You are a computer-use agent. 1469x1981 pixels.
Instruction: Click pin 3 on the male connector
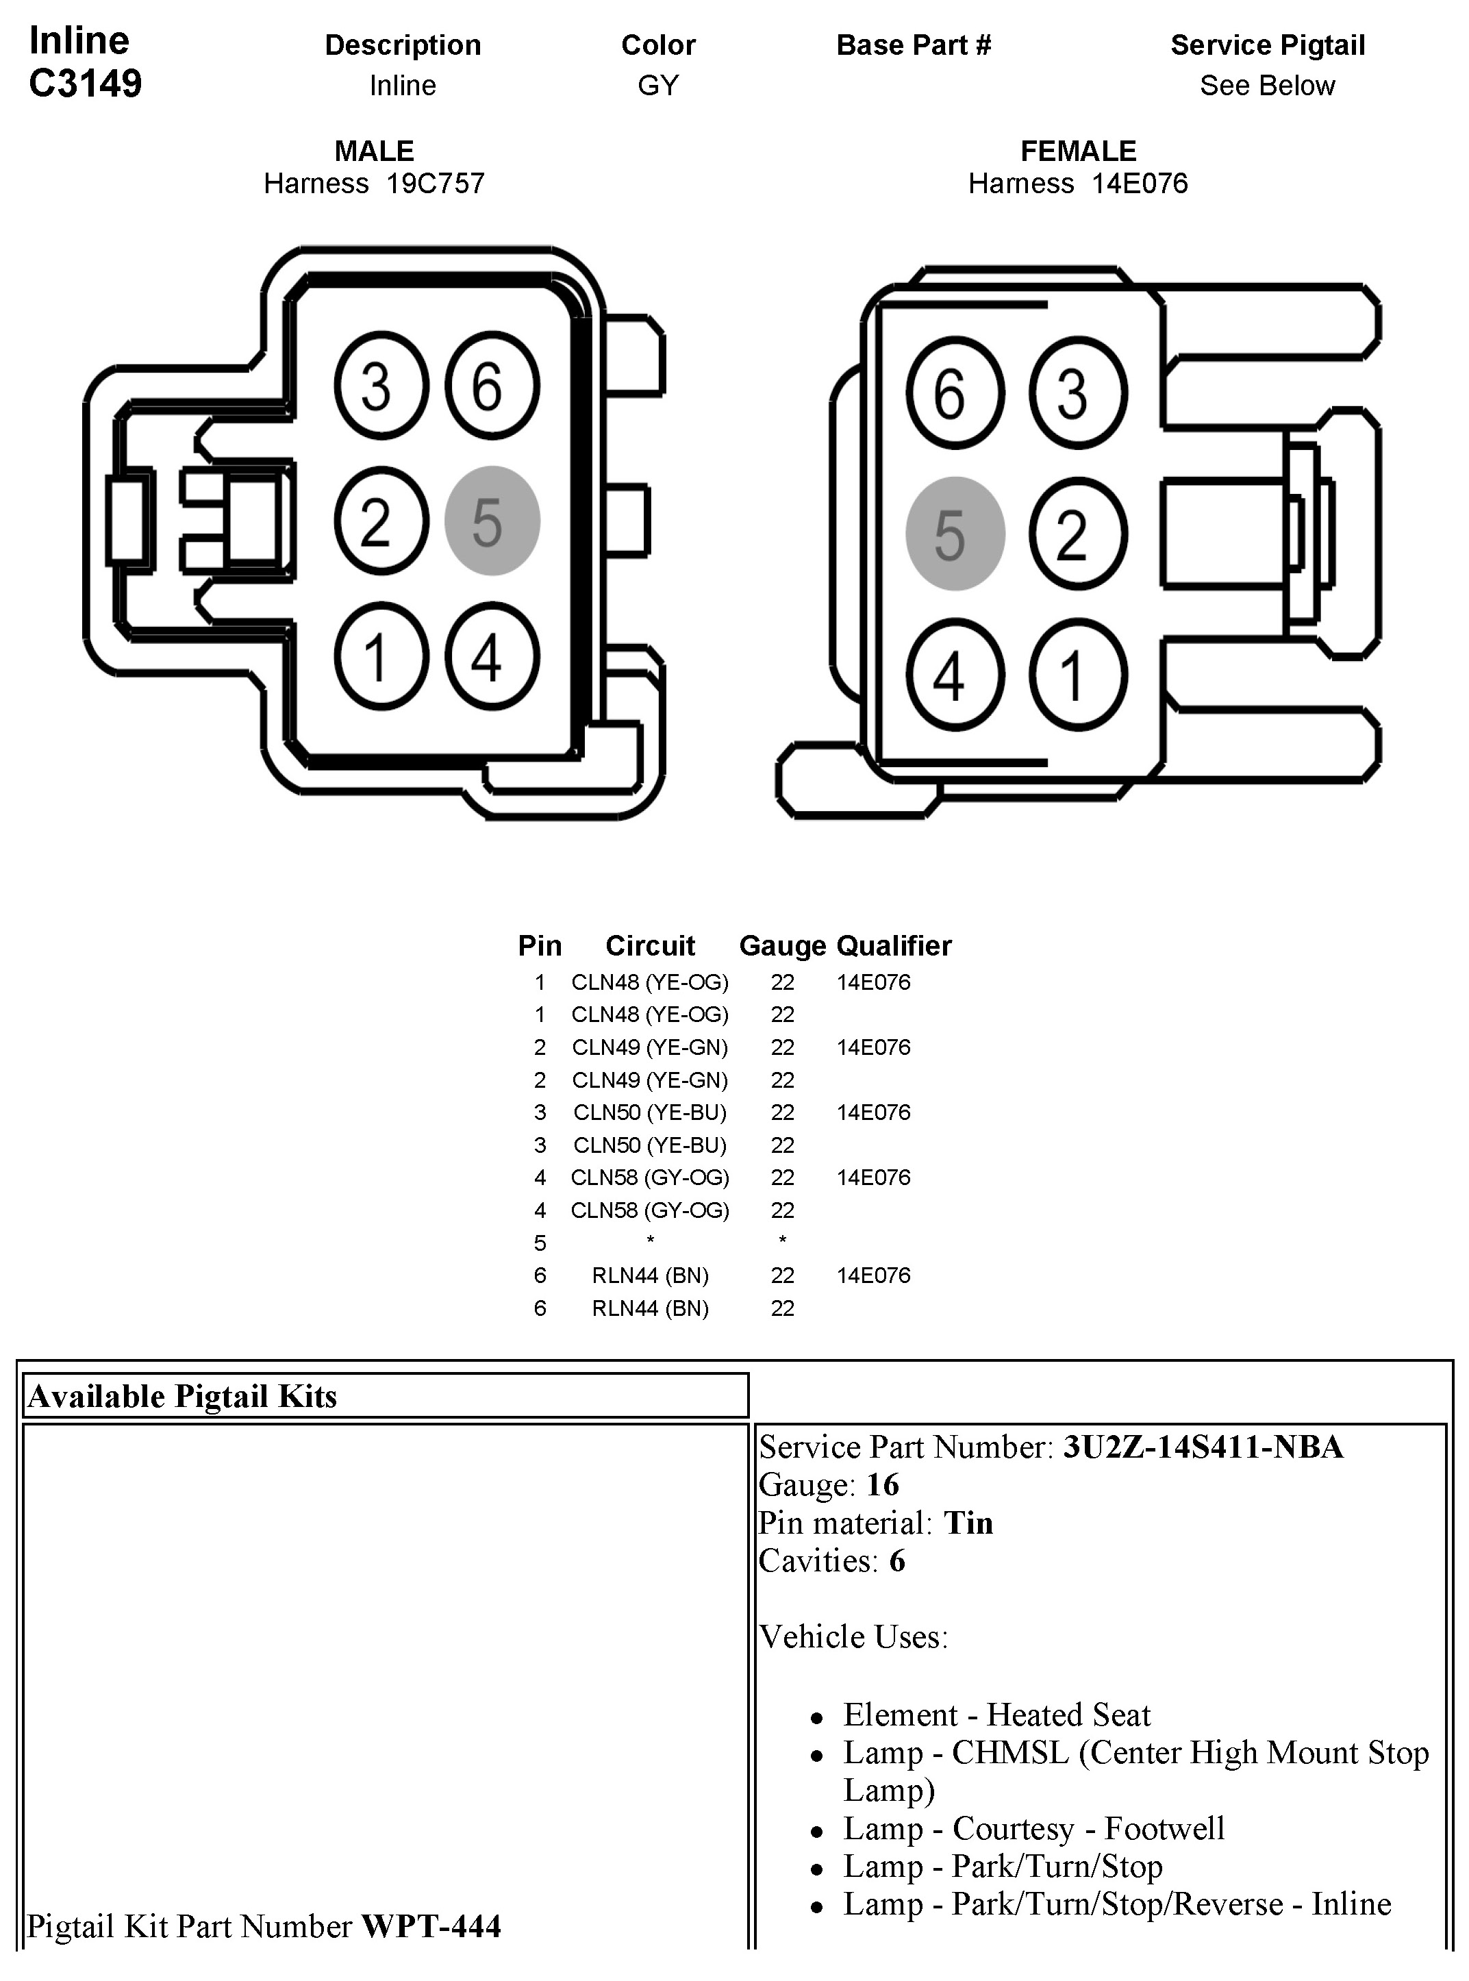(x=381, y=386)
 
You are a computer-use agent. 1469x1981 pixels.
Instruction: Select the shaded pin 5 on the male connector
(x=492, y=521)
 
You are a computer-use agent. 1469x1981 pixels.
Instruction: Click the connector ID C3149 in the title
(x=86, y=84)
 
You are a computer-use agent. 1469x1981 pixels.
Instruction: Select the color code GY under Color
(x=658, y=86)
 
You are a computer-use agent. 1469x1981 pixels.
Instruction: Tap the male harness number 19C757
(x=435, y=184)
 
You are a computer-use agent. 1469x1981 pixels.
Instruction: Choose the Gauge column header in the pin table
(x=781, y=945)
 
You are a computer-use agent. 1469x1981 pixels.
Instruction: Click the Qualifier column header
(x=894, y=945)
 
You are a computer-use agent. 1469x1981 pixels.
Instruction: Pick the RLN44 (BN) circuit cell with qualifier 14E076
(x=650, y=1275)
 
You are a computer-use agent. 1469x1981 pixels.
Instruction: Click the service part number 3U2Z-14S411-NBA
(x=1202, y=1447)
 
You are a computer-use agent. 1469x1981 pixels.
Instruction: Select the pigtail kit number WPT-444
(x=431, y=1926)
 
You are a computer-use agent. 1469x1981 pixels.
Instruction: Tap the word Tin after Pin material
(x=968, y=1523)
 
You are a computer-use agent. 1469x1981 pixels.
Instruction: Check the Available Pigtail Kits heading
(x=182, y=1397)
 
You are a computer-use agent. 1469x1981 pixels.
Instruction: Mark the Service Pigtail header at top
(x=1267, y=45)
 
